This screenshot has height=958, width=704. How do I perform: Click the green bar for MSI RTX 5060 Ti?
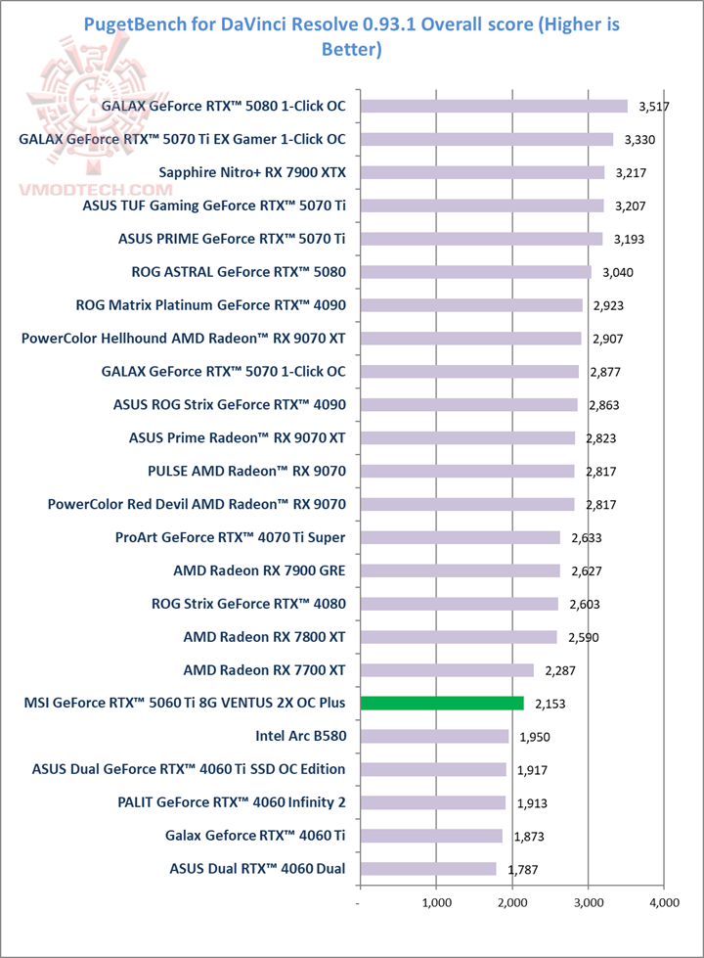click(442, 703)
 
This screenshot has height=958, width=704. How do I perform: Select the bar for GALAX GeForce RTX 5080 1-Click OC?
click(494, 106)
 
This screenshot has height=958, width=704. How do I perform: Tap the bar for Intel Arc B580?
click(434, 736)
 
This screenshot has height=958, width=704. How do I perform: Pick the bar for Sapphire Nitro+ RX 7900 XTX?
click(482, 172)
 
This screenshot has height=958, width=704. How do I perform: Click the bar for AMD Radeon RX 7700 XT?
click(447, 670)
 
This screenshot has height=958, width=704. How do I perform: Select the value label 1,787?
click(523, 869)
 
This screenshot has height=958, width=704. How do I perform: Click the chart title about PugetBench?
click(351, 35)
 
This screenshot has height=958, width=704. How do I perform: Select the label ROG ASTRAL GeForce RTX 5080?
click(238, 271)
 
